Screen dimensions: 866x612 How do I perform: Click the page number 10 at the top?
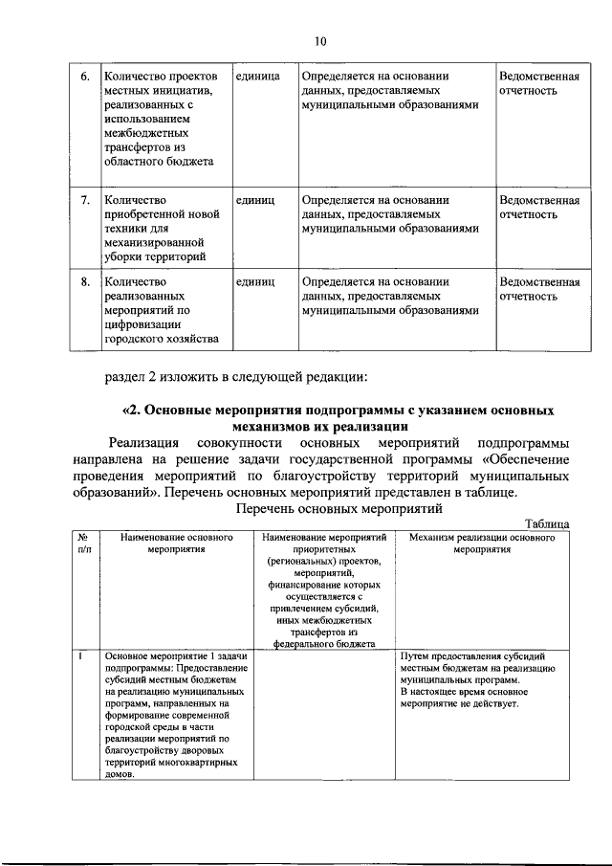[319, 40]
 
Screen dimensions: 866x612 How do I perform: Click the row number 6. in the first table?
[84, 76]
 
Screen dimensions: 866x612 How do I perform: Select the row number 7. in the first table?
[84, 200]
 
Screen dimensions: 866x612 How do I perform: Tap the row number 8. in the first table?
[84, 281]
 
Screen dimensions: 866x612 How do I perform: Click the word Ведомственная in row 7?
[539, 200]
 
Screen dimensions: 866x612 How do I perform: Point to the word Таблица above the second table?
[548, 522]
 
